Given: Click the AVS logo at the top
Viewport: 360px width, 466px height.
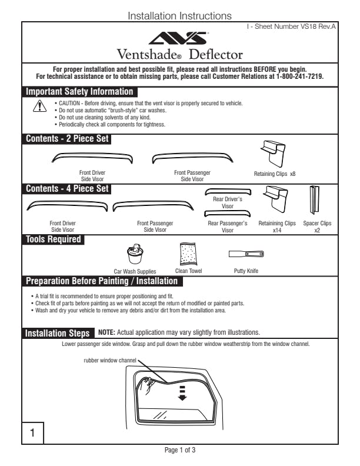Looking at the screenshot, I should [179, 39].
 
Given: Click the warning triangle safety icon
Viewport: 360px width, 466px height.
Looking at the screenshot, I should [39, 106].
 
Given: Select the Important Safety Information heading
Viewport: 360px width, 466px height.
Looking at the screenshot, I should [79, 92].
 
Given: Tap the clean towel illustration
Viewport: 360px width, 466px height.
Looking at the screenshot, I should [188, 255].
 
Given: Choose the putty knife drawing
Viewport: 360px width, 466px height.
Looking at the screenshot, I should [246, 254].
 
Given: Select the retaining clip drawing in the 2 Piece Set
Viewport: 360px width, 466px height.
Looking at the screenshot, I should [272, 154].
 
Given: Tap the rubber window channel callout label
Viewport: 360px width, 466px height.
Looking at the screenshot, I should [110, 360].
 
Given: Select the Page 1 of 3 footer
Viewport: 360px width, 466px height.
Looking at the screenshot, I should [179, 450].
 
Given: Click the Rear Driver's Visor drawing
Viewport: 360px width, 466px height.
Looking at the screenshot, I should [228, 192].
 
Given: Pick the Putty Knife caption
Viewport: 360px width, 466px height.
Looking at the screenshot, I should [246, 271].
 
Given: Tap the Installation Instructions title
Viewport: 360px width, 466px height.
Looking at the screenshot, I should [179, 16].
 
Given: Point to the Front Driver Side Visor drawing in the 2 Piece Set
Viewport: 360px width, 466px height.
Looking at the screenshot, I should [92, 157].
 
